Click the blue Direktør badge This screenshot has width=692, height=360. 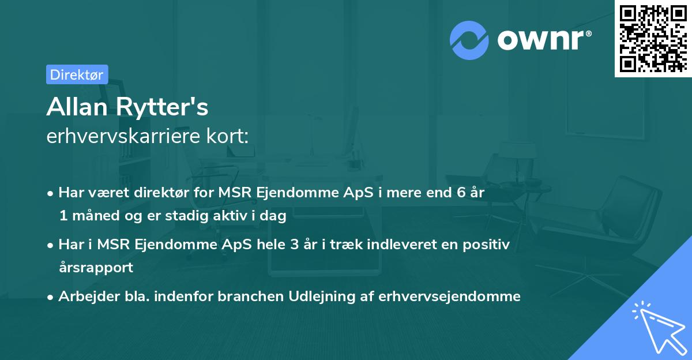(77, 74)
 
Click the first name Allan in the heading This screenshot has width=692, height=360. (78, 107)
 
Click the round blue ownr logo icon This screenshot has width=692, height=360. (469, 40)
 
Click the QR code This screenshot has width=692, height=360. (653, 38)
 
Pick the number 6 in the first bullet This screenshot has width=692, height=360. (461, 193)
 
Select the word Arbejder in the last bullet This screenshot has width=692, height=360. (84, 297)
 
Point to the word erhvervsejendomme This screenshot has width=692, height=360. (449, 297)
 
